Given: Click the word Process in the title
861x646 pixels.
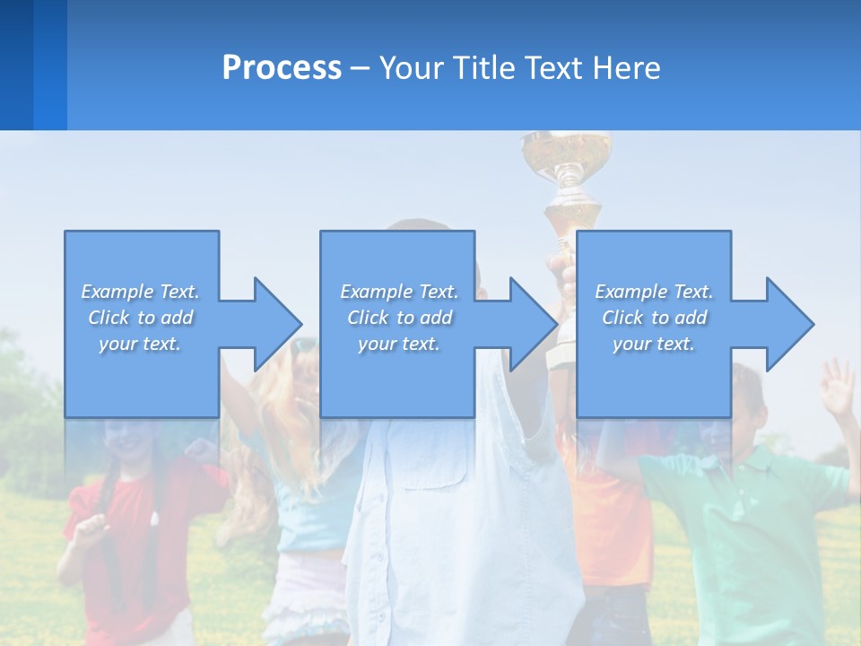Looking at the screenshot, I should (282, 68).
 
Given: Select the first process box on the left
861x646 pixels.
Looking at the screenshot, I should (142, 269).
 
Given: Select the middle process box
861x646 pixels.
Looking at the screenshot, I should (397, 269).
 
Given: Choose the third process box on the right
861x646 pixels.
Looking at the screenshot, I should (653, 269).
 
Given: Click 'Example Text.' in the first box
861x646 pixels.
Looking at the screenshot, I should (141, 292).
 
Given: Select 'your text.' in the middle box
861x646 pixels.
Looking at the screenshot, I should (398, 344).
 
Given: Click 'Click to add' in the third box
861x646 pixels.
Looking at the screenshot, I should (654, 318).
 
